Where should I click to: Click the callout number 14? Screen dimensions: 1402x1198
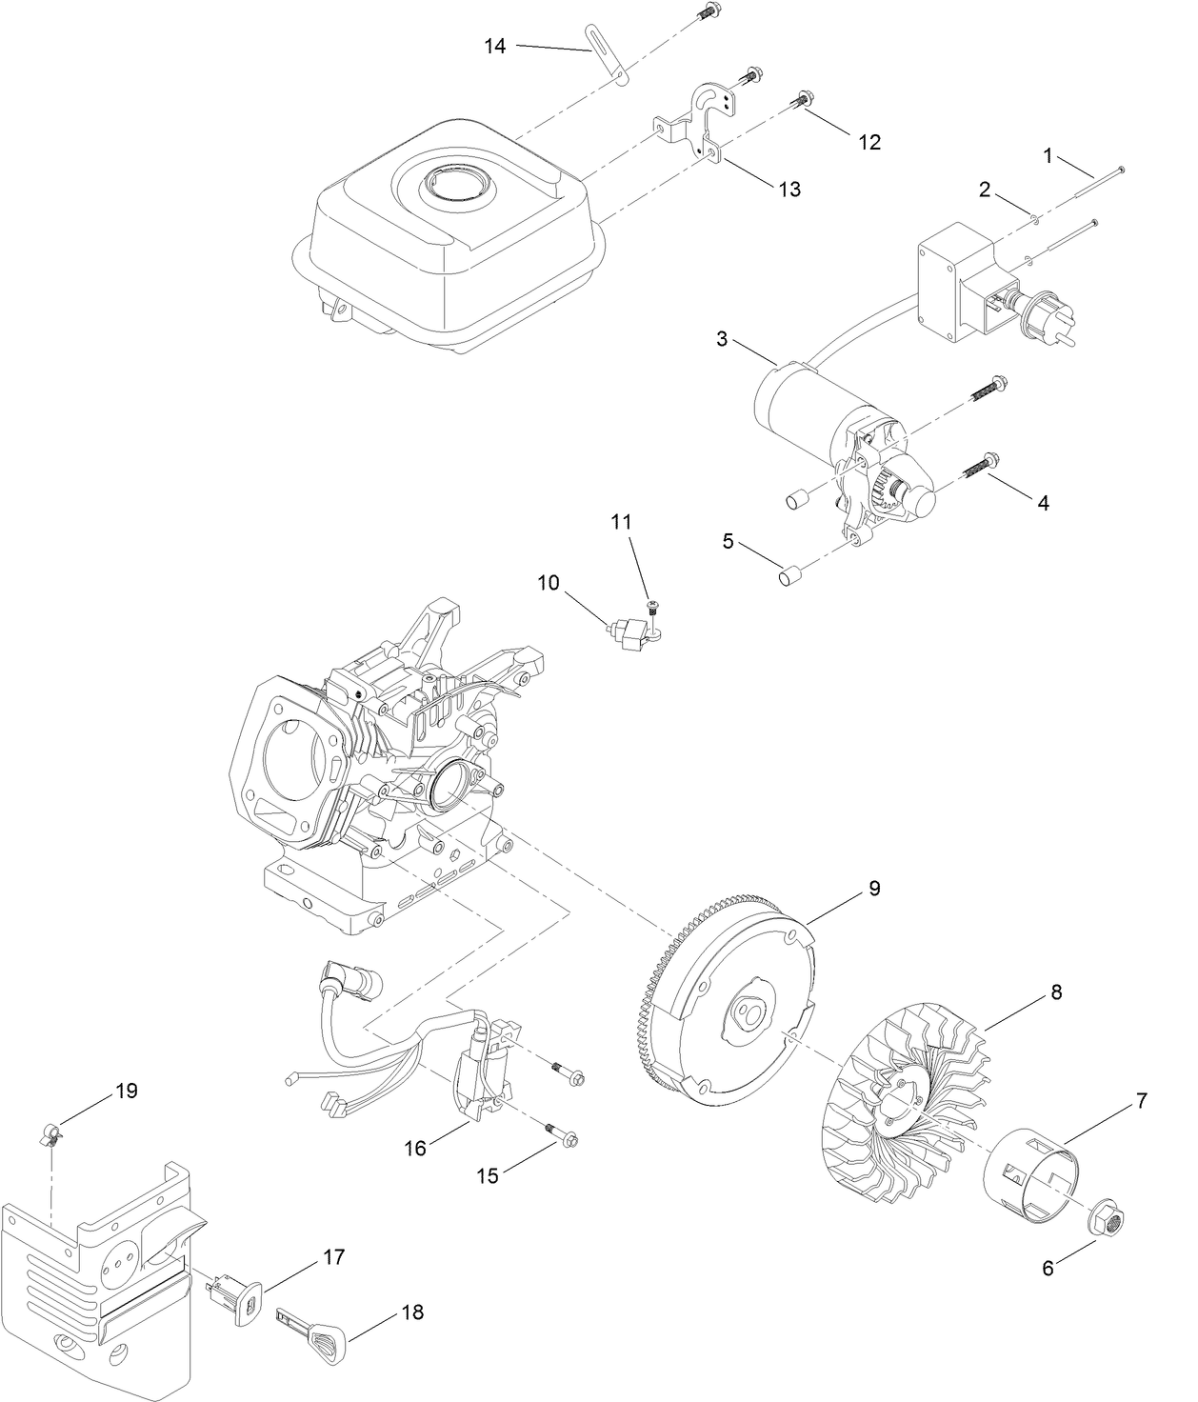[x=494, y=45]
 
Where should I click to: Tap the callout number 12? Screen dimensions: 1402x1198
[x=869, y=141]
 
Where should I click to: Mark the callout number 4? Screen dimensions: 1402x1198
[x=1043, y=503]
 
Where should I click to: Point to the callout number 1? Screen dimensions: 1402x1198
[x=1048, y=156]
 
